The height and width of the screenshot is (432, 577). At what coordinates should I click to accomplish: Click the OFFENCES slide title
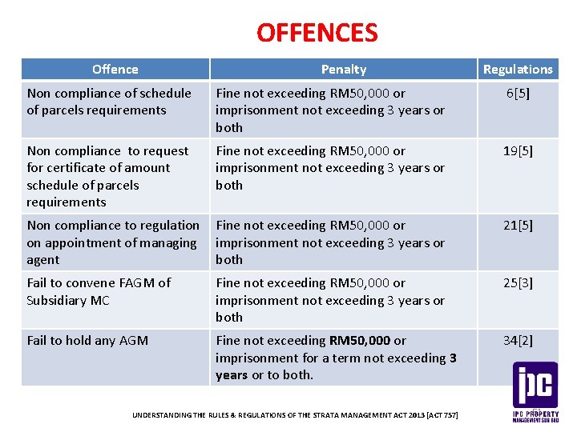click(x=317, y=33)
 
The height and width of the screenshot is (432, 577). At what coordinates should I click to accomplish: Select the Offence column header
click(x=115, y=70)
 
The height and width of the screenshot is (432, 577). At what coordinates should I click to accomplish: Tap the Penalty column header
click(x=343, y=70)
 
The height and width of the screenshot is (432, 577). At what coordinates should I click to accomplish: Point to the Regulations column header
click(x=518, y=70)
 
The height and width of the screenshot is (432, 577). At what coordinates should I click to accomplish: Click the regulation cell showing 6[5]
click(x=518, y=94)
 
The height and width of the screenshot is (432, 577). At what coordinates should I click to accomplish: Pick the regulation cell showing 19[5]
click(x=518, y=151)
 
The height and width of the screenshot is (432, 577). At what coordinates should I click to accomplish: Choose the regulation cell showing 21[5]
click(x=518, y=226)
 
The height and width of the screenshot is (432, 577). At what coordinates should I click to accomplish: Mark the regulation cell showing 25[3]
click(x=518, y=283)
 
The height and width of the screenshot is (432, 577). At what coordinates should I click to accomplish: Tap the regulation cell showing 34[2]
click(x=518, y=341)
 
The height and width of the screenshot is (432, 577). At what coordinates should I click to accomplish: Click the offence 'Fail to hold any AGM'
click(x=87, y=341)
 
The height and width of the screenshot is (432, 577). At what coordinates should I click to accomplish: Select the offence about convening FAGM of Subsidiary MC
click(x=99, y=291)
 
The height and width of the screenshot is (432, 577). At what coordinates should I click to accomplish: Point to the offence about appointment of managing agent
click(x=112, y=242)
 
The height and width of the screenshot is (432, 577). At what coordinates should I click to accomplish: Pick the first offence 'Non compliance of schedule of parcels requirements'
click(x=108, y=102)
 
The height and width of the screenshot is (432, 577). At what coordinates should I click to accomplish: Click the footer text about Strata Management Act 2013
click(x=294, y=416)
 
